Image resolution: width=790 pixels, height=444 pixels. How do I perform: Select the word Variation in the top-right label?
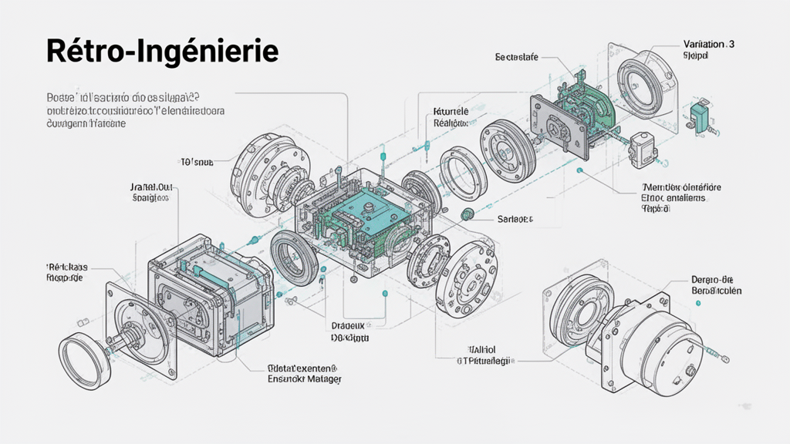(x=705, y=45)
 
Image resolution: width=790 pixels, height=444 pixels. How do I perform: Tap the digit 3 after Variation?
(x=731, y=45)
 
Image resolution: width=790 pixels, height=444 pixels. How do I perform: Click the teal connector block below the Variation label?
(x=699, y=116)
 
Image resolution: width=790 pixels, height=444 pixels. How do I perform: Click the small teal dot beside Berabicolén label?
(x=698, y=304)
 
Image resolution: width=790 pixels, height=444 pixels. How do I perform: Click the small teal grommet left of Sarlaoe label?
(x=467, y=214)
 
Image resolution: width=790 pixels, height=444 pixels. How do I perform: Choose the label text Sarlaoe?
(x=515, y=219)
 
